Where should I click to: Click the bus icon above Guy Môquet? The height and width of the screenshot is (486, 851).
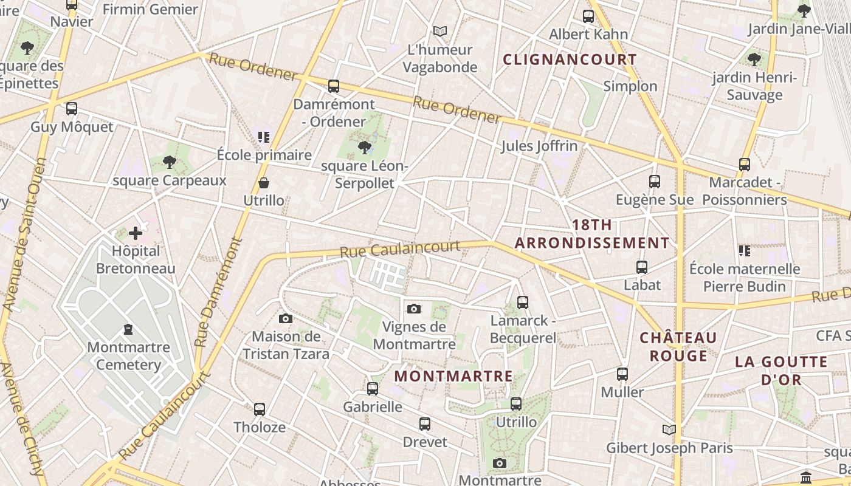tap(72, 109)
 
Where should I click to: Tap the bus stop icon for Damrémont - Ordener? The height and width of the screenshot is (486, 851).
tap(333, 86)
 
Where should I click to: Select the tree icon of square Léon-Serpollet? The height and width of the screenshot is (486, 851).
tap(365, 147)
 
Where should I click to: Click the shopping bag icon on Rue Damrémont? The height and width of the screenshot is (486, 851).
tap(264, 182)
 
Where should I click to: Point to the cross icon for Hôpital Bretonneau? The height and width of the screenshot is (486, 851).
tap(135, 233)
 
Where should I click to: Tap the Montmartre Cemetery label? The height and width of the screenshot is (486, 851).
tap(128, 356)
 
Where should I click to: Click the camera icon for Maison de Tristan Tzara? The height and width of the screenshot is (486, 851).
tap(285, 318)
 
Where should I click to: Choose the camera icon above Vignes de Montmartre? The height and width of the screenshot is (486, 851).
tap(414, 309)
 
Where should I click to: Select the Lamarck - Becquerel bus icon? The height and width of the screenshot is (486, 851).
tap(522, 302)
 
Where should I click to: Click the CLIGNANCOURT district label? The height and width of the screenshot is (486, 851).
tap(570, 60)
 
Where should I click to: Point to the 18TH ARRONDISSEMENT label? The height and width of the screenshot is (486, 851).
tap(592, 234)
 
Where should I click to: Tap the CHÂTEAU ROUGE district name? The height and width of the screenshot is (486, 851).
tap(678, 346)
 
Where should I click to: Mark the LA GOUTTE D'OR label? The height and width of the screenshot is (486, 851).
tap(777, 371)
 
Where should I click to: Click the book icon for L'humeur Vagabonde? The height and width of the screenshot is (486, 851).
tap(440, 31)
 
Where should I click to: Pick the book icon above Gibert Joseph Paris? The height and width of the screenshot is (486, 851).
tap(669, 430)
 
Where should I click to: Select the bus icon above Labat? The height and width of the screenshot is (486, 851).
tap(642, 267)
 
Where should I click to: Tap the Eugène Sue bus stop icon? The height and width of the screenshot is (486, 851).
tap(654, 182)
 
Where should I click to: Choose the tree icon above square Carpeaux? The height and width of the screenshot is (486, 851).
tap(170, 162)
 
